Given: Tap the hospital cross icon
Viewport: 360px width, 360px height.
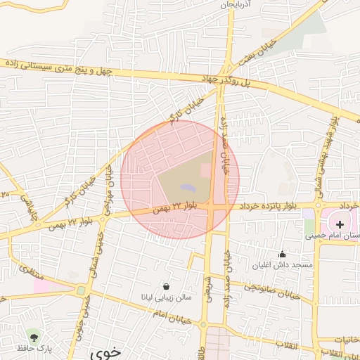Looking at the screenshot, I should (340, 223).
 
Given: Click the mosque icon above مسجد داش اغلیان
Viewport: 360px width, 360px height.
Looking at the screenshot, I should (283, 255).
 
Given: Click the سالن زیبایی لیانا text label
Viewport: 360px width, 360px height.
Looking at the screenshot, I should (162, 297).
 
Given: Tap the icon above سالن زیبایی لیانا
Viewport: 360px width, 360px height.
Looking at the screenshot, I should (166, 286).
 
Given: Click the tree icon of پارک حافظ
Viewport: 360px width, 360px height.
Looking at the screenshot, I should (32, 337).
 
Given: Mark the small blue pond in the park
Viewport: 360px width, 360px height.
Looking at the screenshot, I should (186, 188).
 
